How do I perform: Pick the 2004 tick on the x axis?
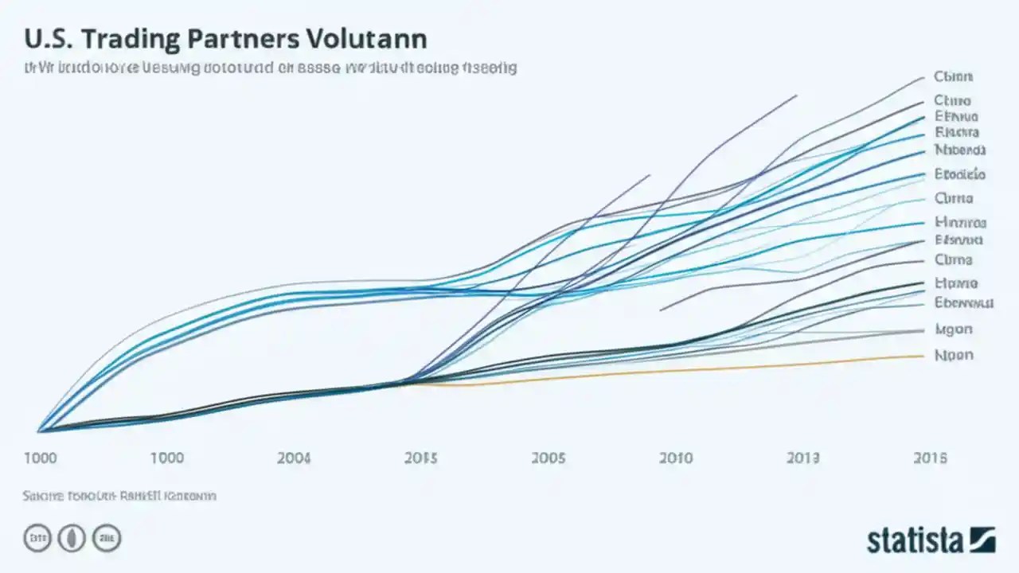295,458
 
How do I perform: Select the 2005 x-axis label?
549,458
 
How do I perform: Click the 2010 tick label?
676,458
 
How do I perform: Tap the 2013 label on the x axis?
803,458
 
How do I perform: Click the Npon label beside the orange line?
954,355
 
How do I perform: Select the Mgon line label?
954,329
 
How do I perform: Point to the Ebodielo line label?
960,173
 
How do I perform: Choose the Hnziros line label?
960,223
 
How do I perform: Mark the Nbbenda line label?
960,150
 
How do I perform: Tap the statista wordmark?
915,541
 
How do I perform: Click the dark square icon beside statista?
982,540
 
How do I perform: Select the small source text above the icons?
119,496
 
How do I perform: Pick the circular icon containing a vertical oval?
72,539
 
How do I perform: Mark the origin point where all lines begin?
40,431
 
